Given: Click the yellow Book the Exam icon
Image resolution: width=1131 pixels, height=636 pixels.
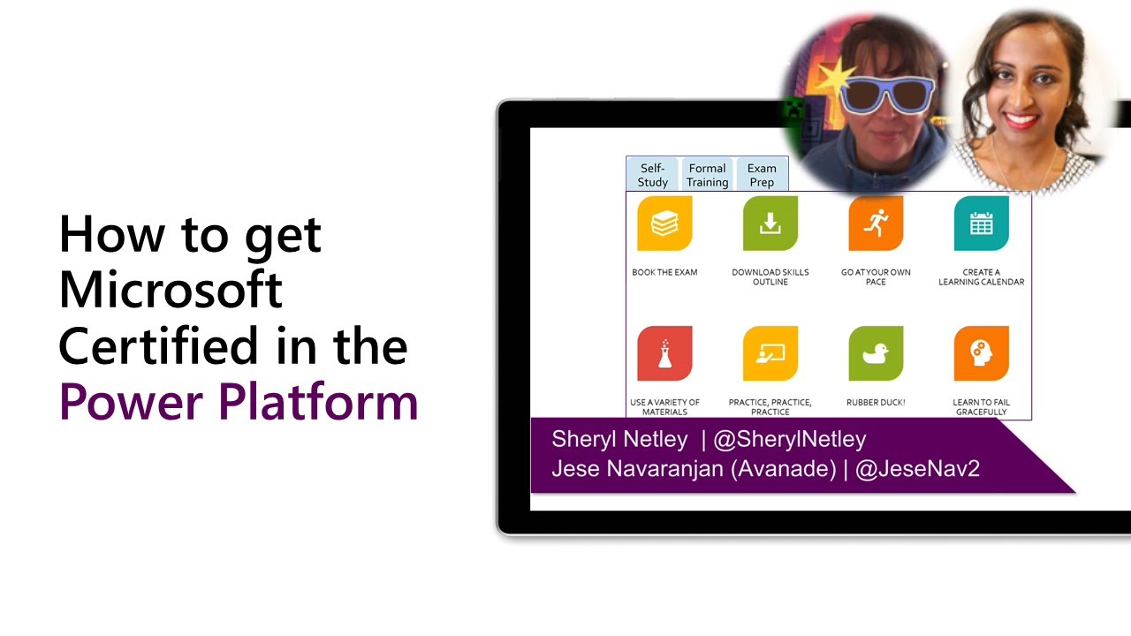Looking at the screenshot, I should [x=664, y=223].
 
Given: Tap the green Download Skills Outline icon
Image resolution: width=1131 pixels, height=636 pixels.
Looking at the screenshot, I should [x=770, y=223].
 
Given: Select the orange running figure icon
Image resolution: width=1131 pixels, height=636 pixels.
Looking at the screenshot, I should [x=876, y=223].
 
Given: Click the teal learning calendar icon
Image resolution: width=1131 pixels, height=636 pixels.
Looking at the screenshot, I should [x=982, y=223].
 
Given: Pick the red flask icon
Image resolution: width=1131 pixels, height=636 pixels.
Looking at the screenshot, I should [x=664, y=353].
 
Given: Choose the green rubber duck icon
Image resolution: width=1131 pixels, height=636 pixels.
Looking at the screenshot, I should [x=876, y=353].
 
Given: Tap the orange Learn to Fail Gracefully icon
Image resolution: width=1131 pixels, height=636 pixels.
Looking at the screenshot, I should [x=982, y=353].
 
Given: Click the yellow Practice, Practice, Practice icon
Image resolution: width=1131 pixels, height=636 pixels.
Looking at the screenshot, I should [x=770, y=353].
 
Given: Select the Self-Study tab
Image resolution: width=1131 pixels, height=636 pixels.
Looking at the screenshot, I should [x=653, y=175].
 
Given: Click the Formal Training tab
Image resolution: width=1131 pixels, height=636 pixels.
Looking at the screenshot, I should [x=708, y=175].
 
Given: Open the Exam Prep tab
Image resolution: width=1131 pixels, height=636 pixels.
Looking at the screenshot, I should [x=762, y=175].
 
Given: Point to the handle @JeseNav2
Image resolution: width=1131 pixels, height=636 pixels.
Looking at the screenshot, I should [x=918, y=468].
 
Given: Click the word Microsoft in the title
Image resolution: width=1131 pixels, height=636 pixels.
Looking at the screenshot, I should [x=171, y=290].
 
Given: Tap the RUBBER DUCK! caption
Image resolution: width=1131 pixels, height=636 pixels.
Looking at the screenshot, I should [x=876, y=403].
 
